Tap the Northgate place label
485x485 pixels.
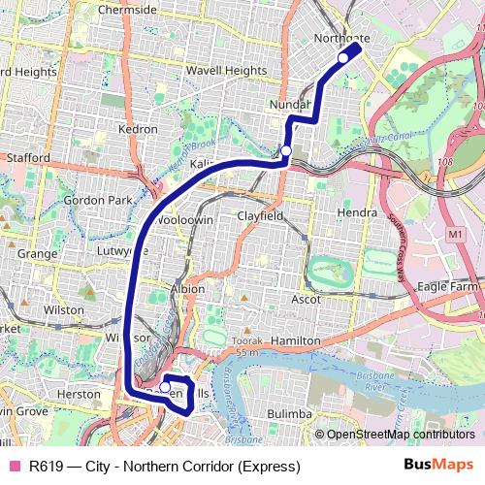click(x=342, y=39)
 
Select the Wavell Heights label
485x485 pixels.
click(x=226, y=71)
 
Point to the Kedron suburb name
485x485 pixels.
click(x=137, y=129)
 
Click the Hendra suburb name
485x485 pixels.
click(x=356, y=211)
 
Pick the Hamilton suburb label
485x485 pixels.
click(x=295, y=341)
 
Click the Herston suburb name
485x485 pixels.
click(x=79, y=395)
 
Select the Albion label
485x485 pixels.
click(x=186, y=289)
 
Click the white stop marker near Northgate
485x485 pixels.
click(x=342, y=58)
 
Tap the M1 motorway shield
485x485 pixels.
click(x=456, y=235)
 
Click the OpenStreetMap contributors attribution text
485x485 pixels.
click(x=399, y=435)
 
